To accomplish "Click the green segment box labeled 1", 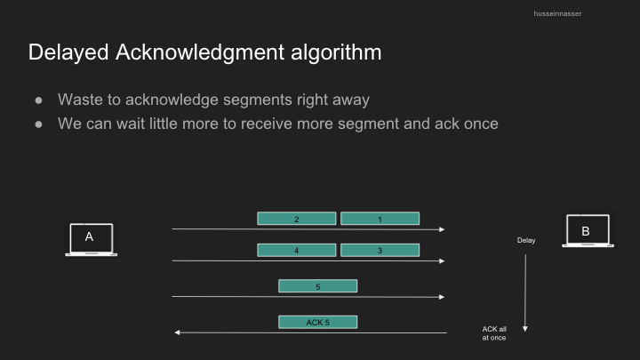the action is point(380,219).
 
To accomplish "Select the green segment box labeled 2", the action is point(297,219).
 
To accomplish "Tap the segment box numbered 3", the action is point(380,250).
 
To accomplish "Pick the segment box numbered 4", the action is point(297,250).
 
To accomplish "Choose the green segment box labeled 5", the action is point(318,286).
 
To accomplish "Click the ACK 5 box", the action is point(318,322).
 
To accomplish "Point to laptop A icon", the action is point(91,240).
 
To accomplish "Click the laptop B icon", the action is point(588,230).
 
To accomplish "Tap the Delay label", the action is point(526,240).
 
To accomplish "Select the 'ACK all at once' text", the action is point(494,333).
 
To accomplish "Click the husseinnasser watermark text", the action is point(557,13).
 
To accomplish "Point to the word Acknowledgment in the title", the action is point(200,52).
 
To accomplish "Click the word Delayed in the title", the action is point(68,52).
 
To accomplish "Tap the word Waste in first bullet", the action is point(80,100).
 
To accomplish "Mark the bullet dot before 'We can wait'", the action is point(39,124).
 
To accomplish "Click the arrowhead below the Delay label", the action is point(525,329).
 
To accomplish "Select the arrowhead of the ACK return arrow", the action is point(177,332).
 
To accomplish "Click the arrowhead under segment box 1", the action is point(442,229).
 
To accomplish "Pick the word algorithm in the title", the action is point(336,52).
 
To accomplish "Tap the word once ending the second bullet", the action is point(481,124).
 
